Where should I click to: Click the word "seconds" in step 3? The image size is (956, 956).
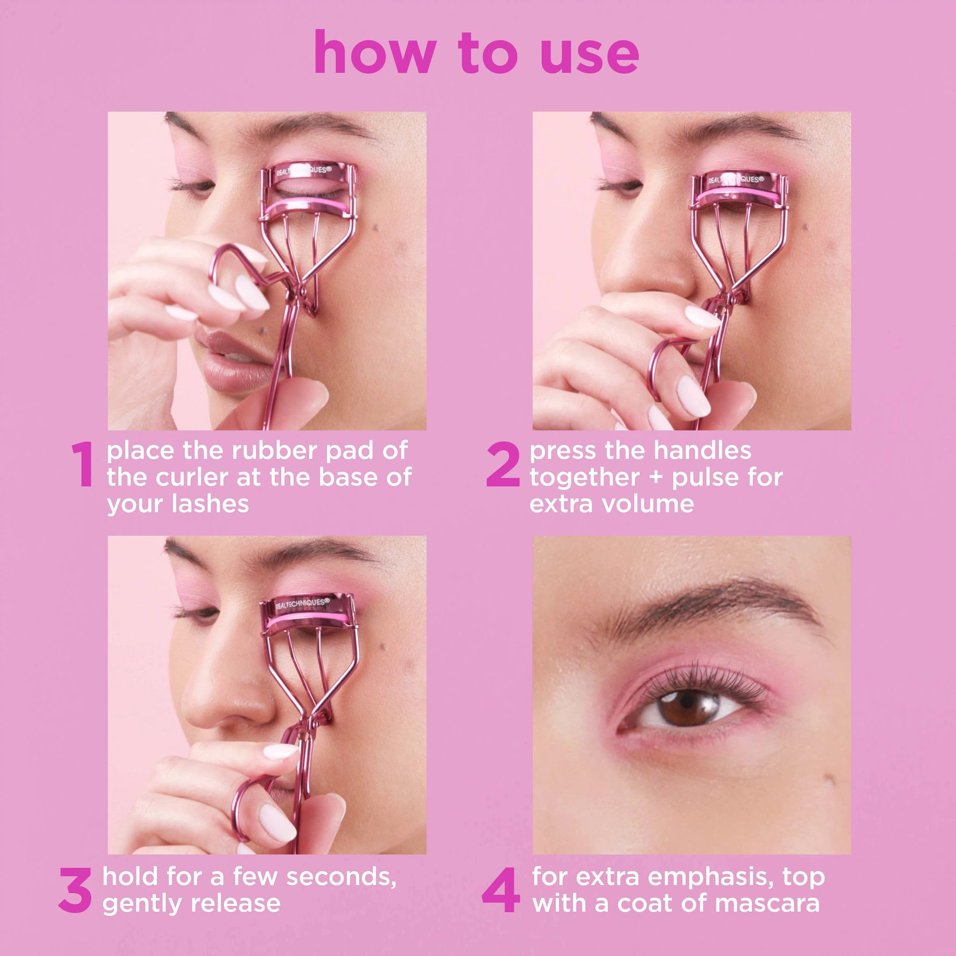[341, 877]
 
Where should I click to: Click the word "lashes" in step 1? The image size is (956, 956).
[210, 504]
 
